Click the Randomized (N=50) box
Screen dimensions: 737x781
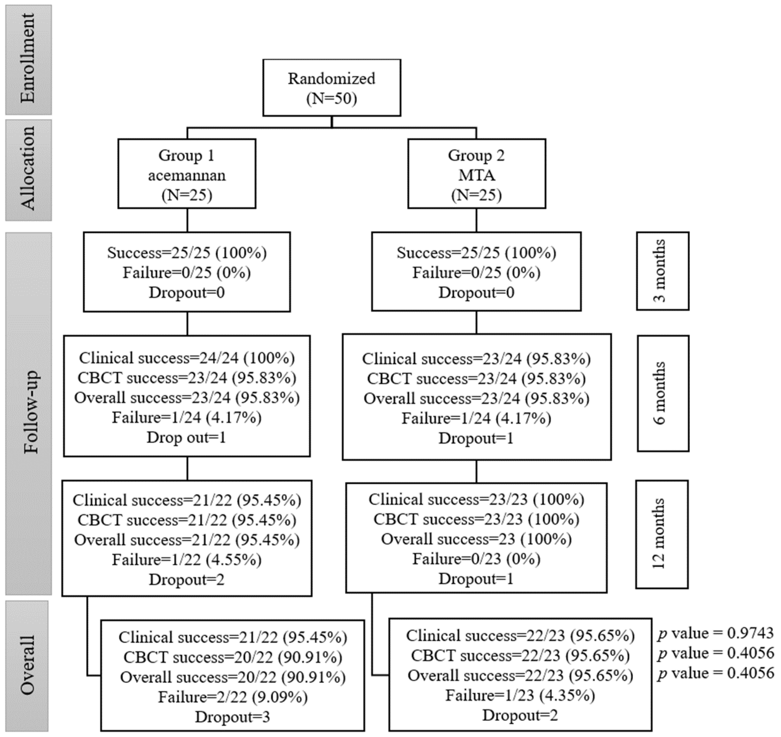pos(332,88)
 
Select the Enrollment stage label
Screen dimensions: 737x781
pos(28,59)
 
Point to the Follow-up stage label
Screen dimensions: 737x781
pos(28,414)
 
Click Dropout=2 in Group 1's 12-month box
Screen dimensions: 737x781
pos(187,579)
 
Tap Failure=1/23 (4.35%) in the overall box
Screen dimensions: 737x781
pos(520,696)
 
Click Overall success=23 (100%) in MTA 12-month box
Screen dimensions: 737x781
pos(476,539)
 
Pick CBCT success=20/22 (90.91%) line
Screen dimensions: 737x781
pos(233,657)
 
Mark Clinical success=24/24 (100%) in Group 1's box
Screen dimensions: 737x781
pos(187,358)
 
